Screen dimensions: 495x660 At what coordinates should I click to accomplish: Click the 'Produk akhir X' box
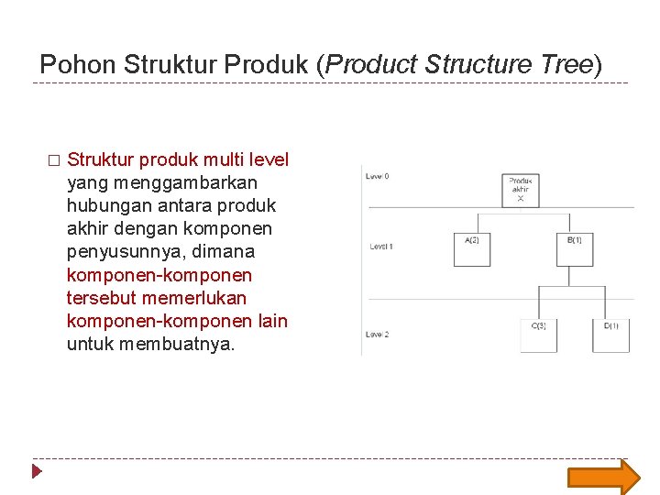click(520, 190)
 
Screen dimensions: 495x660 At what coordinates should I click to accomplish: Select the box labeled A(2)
click(472, 248)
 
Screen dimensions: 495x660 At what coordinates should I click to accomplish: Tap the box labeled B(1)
click(575, 248)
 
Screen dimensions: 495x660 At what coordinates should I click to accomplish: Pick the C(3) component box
click(538, 335)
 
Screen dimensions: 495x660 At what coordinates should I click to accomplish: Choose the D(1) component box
click(610, 335)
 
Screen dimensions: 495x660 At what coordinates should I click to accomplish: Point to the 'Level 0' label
click(378, 176)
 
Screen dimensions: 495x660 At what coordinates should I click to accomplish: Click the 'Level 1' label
click(380, 247)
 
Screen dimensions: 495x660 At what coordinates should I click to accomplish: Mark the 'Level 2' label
click(378, 335)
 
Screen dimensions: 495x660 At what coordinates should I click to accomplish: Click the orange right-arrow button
click(603, 477)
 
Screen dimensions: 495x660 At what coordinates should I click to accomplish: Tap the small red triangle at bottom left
click(37, 473)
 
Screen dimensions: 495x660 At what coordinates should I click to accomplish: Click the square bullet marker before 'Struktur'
click(53, 160)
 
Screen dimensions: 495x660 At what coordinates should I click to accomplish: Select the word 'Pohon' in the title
click(78, 65)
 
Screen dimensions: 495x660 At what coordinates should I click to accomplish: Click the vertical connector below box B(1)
click(575, 276)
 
